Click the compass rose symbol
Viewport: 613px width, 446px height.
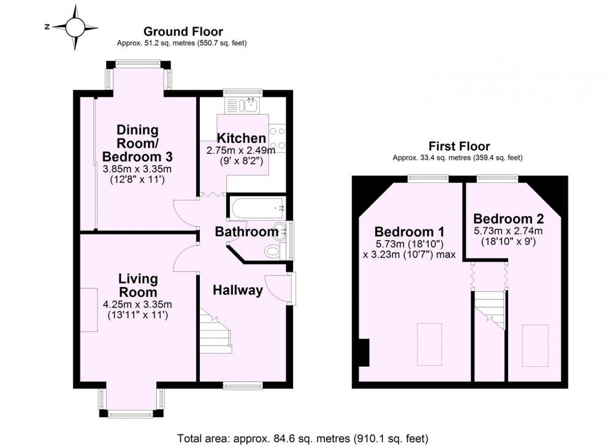coord(75,28)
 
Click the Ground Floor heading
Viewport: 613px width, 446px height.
coord(183,31)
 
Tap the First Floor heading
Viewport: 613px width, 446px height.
coord(459,147)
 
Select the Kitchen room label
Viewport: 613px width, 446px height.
coord(241,138)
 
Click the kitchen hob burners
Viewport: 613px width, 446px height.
coord(277,138)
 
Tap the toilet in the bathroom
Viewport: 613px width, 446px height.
coord(273,251)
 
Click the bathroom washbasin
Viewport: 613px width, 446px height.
coord(280,231)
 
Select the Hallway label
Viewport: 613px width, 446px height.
coord(238,290)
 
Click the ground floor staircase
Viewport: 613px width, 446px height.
coord(216,331)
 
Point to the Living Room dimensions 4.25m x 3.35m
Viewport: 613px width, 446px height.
coord(137,304)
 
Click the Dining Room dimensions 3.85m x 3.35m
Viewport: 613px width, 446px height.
coord(137,169)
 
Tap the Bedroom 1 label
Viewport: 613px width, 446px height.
coord(409,232)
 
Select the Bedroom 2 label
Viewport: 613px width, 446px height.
coord(509,218)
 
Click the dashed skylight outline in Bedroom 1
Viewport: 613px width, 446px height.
coord(429,344)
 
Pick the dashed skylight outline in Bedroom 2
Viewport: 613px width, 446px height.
coord(535,345)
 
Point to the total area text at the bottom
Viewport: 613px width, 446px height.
coord(303,438)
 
